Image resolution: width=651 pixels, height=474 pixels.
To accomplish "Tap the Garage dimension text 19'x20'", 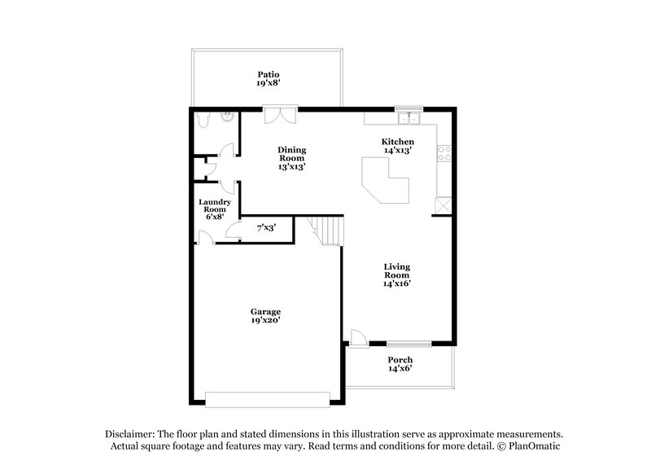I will tap(266, 321).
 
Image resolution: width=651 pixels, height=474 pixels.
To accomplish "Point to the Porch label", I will tap(400, 359).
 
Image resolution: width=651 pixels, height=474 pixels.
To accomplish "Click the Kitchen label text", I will tap(398, 142).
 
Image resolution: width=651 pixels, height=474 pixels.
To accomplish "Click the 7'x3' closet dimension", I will tap(266, 229).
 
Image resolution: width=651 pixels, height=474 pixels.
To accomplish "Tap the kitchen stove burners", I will tap(443, 151).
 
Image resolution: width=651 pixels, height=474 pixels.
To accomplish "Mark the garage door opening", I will tap(268, 399).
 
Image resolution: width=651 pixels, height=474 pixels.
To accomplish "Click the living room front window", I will tap(408, 342).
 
